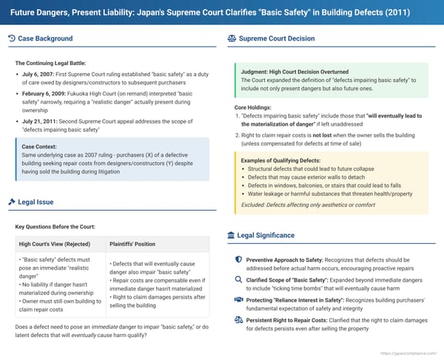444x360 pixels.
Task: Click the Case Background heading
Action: (45, 38)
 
